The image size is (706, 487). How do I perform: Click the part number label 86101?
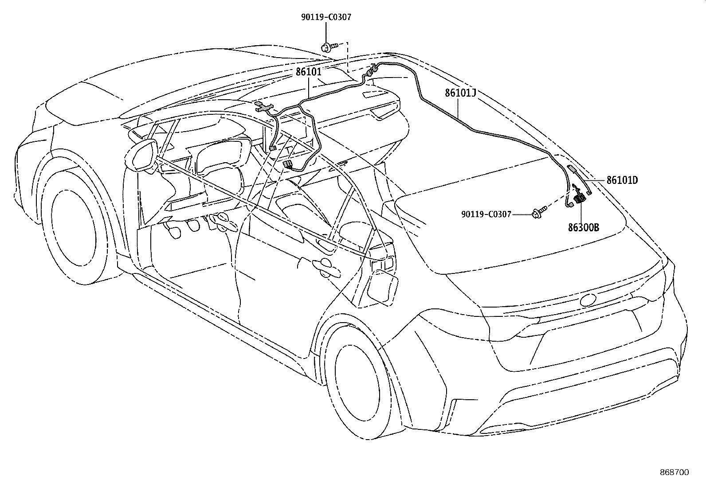point(309,72)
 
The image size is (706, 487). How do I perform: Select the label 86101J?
point(460,93)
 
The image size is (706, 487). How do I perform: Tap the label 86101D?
point(622,180)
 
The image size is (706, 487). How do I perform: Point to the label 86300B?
point(584,227)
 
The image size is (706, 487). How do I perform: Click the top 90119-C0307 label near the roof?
point(326,17)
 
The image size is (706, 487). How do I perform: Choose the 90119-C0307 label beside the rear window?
point(486,214)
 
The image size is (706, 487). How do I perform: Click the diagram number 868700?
point(675,472)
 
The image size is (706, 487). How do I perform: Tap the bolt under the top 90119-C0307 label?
point(329,47)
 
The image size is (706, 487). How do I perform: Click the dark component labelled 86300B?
point(579,199)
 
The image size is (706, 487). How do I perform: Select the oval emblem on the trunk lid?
point(588,300)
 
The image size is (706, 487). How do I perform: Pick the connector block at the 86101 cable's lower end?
point(287,164)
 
